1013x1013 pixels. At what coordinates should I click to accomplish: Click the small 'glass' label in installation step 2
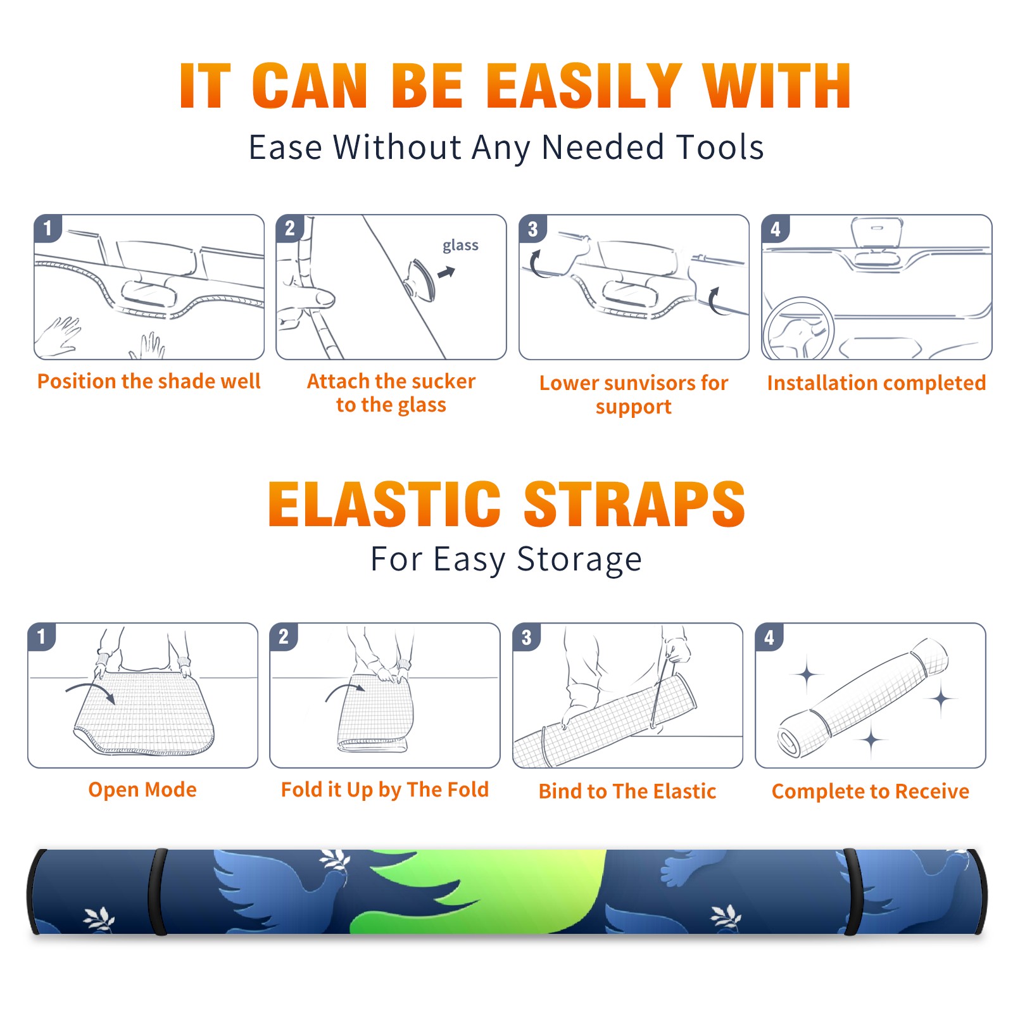pyautogui.click(x=460, y=246)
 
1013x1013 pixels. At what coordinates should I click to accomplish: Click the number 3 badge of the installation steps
pyautogui.click(x=533, y=229)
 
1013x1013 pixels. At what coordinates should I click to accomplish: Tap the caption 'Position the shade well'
pyautogui.click(x=149, y=381)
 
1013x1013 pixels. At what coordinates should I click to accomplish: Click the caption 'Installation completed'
pyautogui.click(x=876, y=382)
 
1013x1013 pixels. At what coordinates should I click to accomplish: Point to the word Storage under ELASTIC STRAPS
pyautogui.click(x=579, y=560)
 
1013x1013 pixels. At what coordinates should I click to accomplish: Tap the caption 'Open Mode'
pyautogui.click(x=142, y=790)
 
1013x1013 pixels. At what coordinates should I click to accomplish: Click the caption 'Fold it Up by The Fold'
pyautogui.click(x=385, y=790)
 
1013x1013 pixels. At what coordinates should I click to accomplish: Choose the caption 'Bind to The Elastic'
pyautogui.click(x=627, y=791)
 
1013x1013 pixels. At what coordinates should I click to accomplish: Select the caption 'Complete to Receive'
pyautogui.click(x=871, y=791)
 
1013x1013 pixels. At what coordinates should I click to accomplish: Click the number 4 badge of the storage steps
pyautogui.click(x=769, y=637)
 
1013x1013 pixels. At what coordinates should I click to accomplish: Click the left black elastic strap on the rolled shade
pyautogui.click(x=158, y=892)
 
